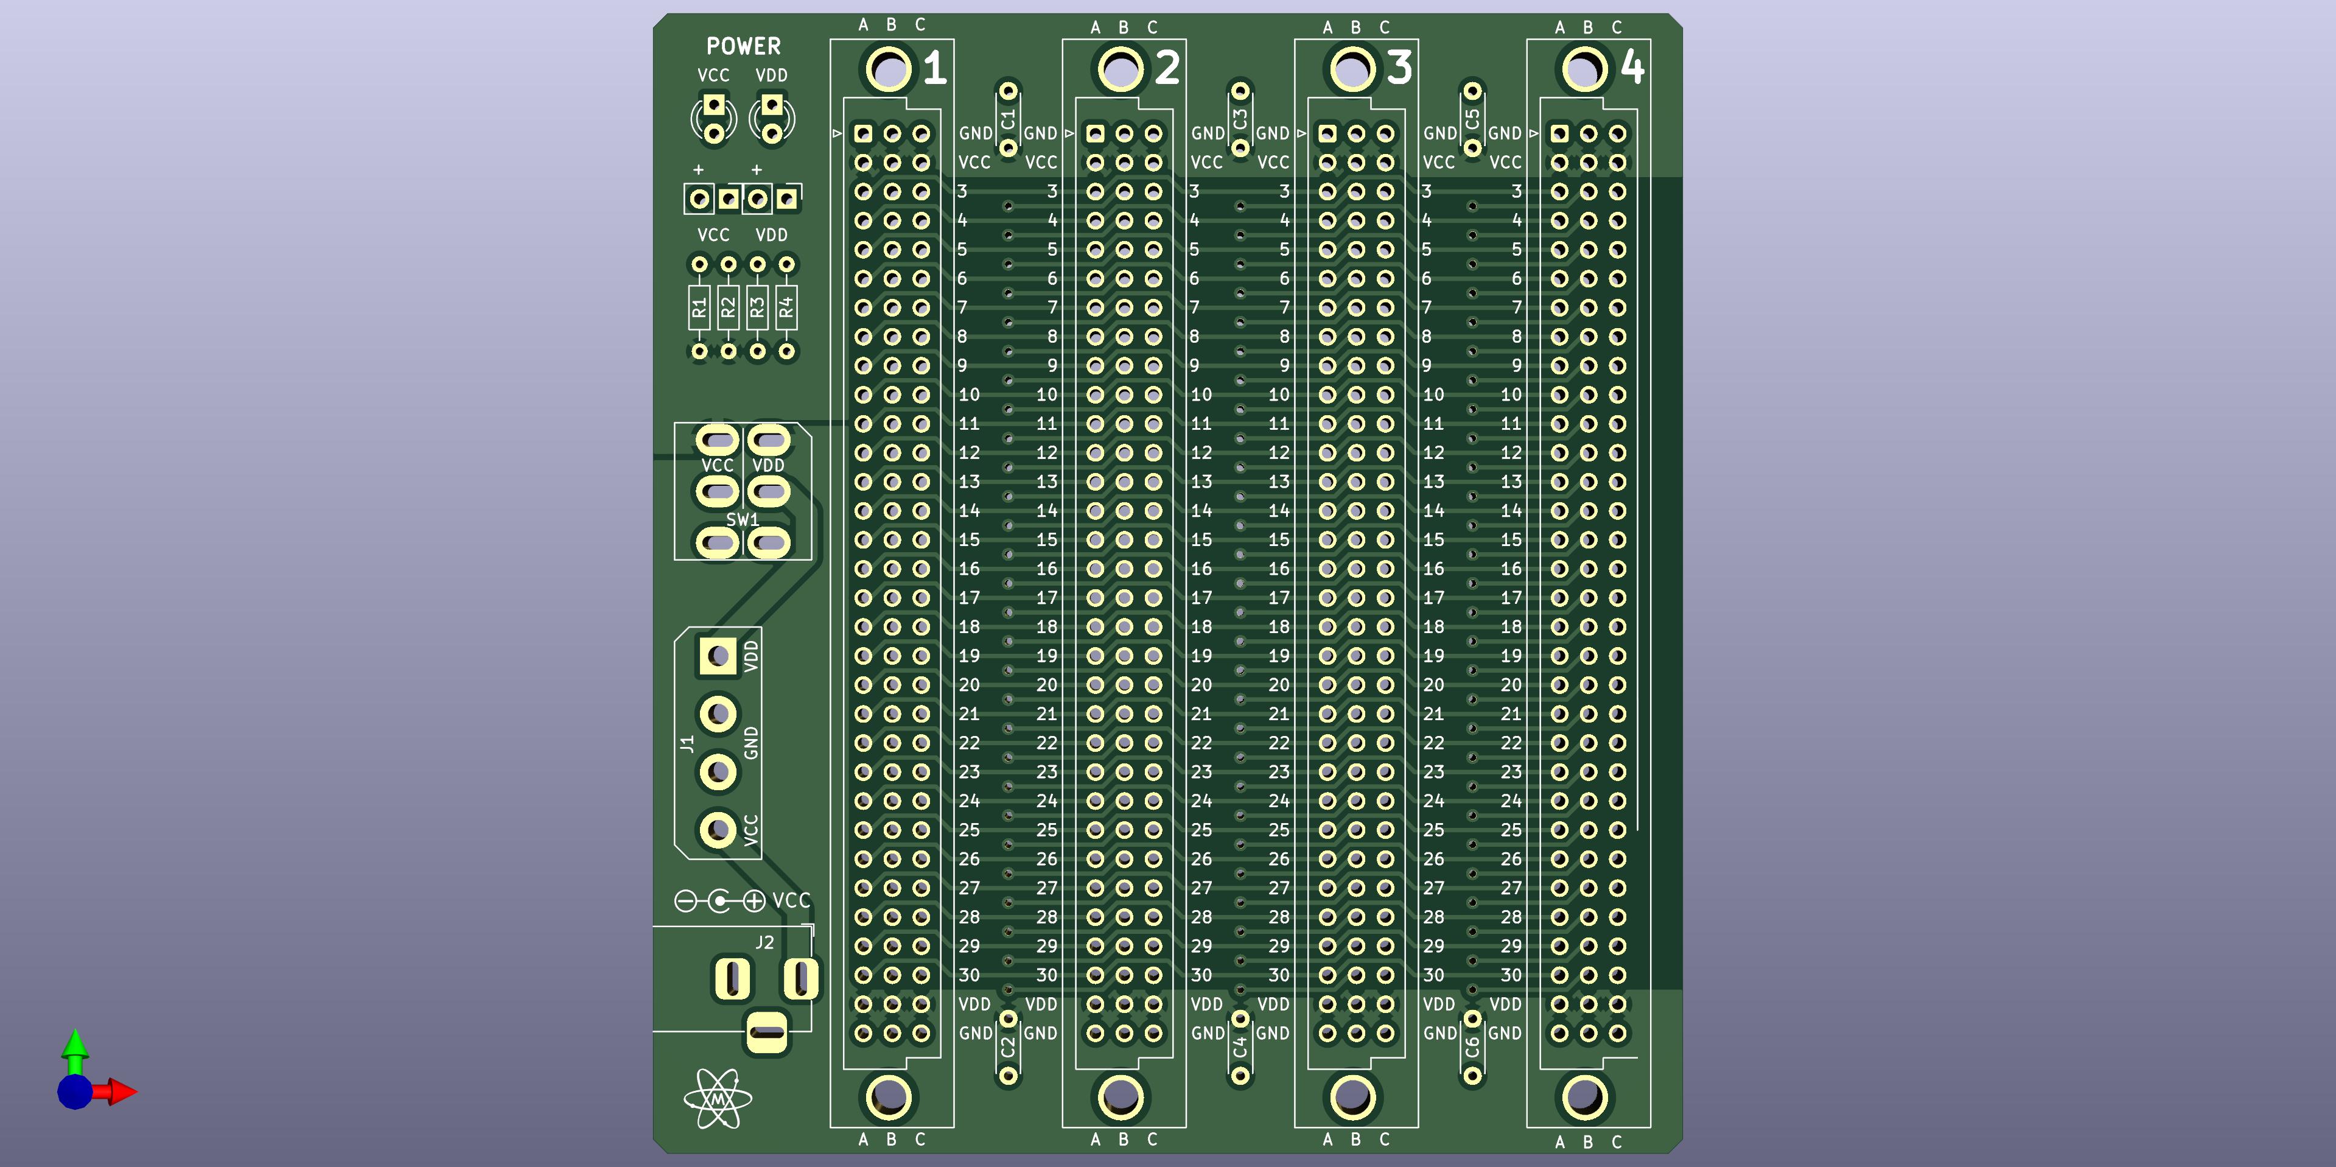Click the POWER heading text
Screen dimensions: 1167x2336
tap(743, 46)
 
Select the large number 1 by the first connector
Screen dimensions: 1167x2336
tap(935, 68)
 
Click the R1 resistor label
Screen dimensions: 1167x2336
tap(698, 307)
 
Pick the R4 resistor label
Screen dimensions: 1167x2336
tap(786, 307)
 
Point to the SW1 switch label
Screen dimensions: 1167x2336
tap(743, 519)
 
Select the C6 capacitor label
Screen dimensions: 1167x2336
tap(1473, 1047)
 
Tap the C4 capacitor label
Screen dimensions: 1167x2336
tap(1240, 1047)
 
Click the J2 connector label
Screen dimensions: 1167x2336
tap(764, 943)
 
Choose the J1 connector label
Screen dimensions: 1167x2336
tap(687, 743)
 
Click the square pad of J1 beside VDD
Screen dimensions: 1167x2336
tap(718, 656)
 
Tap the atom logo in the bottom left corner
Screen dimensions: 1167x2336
tap(718, 1099)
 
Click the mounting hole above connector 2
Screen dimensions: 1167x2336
tap(1121, 68)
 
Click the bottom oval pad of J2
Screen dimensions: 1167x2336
tap(767, 1032)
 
